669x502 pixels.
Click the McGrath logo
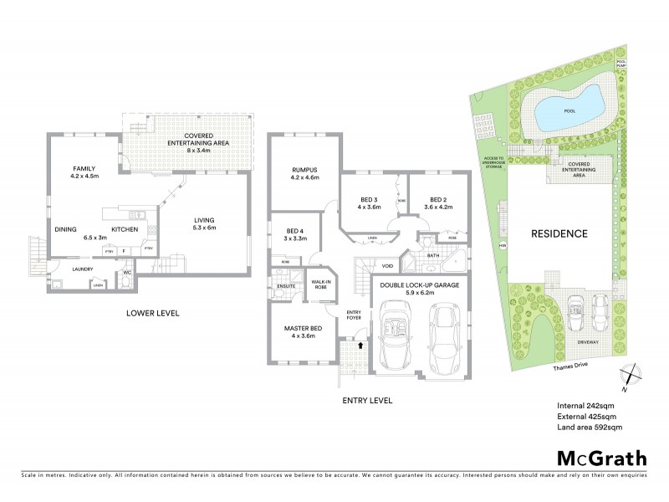pos(602,458)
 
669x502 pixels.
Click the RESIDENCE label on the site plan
pos(560,233)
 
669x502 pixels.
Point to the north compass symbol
pos(632,379)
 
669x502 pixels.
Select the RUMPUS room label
pos(305,173)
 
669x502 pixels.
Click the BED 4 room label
pos(295,234)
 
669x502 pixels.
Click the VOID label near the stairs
pos(387,266)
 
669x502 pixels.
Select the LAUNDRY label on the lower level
pos(81,269)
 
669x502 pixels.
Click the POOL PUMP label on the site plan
pos(620,63)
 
